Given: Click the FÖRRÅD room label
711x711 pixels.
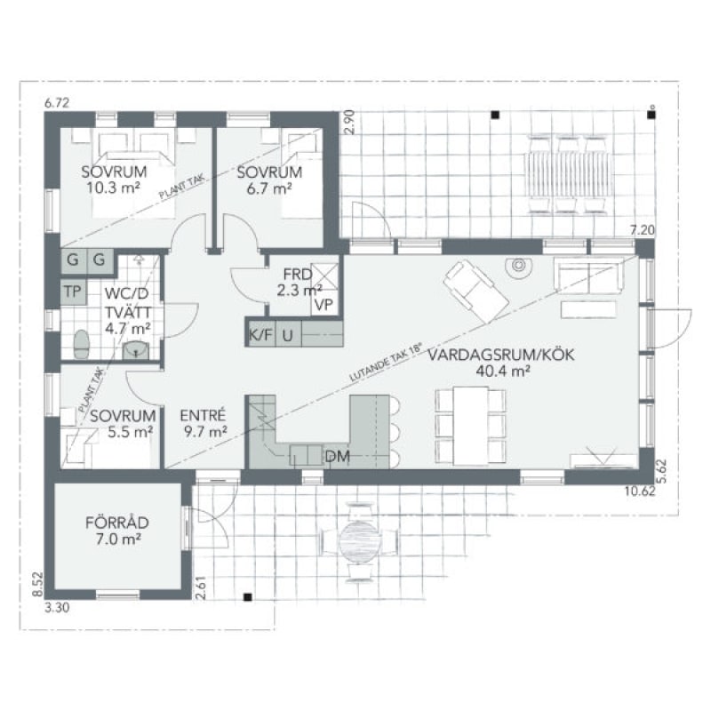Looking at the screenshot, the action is point(117,523).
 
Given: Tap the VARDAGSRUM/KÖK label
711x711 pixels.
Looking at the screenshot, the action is point(501,355).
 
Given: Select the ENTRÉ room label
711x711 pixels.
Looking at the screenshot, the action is point(203,416).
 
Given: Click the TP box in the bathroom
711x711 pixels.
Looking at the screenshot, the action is point(73,292).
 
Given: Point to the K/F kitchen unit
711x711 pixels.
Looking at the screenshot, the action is point(261,335).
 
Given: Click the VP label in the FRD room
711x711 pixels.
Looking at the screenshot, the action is point(324,305).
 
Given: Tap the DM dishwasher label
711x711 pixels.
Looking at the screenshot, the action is point(338,457).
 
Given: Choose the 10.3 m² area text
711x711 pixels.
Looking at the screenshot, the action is point(114,188).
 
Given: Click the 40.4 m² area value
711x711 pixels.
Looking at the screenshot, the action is point(503,371).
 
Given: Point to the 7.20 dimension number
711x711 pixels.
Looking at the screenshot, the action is point(643,230).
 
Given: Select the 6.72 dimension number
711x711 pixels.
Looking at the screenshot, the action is point(57,103).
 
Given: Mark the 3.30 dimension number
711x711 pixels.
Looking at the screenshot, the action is point(57,607).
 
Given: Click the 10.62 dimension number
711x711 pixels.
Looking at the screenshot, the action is point(640,491).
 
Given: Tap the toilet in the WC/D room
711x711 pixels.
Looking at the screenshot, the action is point(82,345).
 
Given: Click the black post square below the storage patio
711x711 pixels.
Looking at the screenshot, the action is point(248,597).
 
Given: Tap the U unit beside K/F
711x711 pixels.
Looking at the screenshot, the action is point(288,335).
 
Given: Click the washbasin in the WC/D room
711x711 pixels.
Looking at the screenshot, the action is point(136,351).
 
